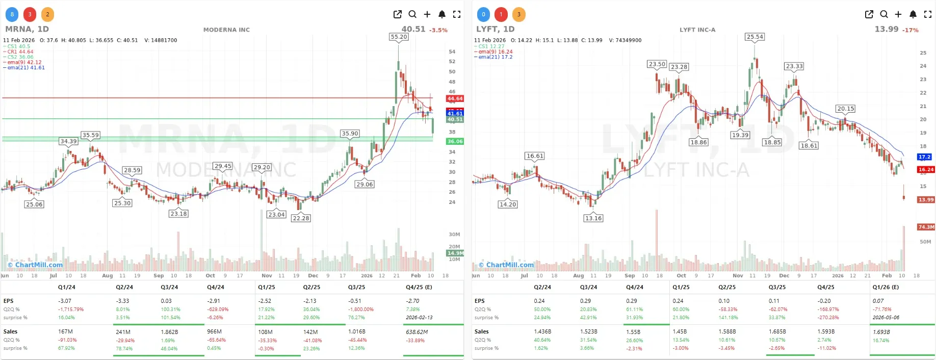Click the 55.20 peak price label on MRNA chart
pyautogui.click(x=399, y=37)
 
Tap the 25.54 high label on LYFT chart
pyautogui.click(x=755, y=37)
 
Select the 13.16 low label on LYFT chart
pyautogui.click(x=593, y=218)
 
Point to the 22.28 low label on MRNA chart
pyautogui.click(x=301, y=218)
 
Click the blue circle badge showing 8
pyautogui.click(x=12, y=14)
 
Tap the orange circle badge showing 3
pyautogui.click(x=518, y=14)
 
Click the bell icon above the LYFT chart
pyautogui.click(x=913, y=14)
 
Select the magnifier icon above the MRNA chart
pyautogui.click(x=412, y=14)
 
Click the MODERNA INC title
pyautogui.click(x=226, y=30)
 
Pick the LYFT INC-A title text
pyautogui.click(x=697, y=30)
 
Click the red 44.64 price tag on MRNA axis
pyautogui.click(x=455, y=98)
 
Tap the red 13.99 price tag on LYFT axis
pyautogui.click(x=926, y=199)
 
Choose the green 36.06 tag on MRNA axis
pyautogui.click(x=455, y=141)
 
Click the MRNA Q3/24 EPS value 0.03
pyautogui.click(x=166, y=301)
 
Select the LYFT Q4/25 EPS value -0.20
pyautogui.click(x=824, y=301)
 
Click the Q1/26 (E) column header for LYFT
pyautogui.click(x=886, y=287)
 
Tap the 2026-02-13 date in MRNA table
pyautogui.click(x=419, y=317)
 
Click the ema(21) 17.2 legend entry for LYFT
pyautogui.click(x=495, y=57)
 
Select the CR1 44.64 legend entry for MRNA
pyautogui.click(x=20, y=52)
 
